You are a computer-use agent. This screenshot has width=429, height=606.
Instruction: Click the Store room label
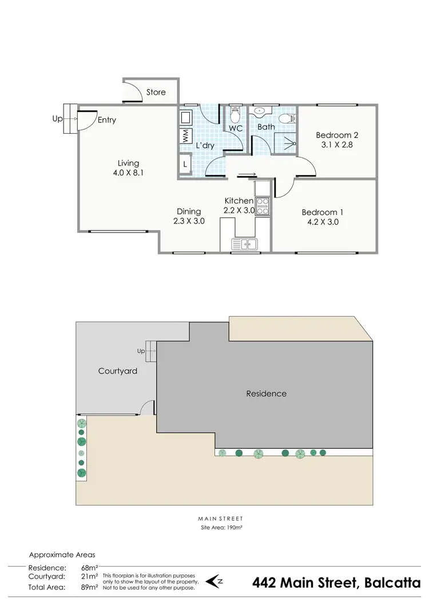click(x=156, y=92)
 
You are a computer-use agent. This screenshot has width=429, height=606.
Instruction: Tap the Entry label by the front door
click(x=107, y=120)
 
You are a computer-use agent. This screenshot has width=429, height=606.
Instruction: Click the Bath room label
click(x=266, y=127)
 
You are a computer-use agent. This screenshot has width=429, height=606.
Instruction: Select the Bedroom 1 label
click(x=323, y=212)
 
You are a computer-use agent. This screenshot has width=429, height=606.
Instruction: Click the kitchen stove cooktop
click(x=263, y=206)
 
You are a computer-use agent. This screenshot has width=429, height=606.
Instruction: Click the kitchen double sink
click(x=244, y=245)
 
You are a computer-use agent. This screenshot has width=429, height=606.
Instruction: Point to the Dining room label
click(x=188, y=211)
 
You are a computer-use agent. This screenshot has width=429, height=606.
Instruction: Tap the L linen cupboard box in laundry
click(x=185, y=165)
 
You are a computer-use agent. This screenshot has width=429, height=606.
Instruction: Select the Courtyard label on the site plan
click(x=118, y=371)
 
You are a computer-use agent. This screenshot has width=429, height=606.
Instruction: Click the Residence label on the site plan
click(x=266, y=394)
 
